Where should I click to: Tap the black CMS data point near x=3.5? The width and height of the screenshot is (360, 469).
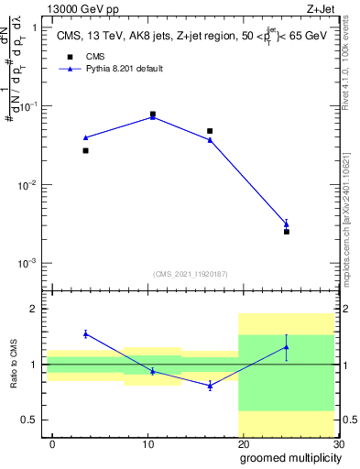[x=85, y=150]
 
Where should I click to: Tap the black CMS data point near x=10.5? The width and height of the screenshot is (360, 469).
[x=152, y=115]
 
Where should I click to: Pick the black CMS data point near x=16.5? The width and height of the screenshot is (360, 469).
[x=210, y=131]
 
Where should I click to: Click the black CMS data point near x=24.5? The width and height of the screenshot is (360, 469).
[x=287, y=232]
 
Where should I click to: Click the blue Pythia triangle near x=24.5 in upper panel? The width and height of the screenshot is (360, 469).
[x=287, y=224]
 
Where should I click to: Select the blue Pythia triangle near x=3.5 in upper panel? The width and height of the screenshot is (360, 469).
[x=85, y=137]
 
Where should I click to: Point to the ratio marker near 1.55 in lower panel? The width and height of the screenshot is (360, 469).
[x=85, y=333]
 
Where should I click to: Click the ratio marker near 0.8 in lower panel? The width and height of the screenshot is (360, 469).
[x=210, y=386]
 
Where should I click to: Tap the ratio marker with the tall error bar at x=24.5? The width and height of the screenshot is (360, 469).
[x=287, y=347]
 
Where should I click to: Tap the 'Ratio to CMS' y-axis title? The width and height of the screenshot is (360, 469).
[x=13, y=366]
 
